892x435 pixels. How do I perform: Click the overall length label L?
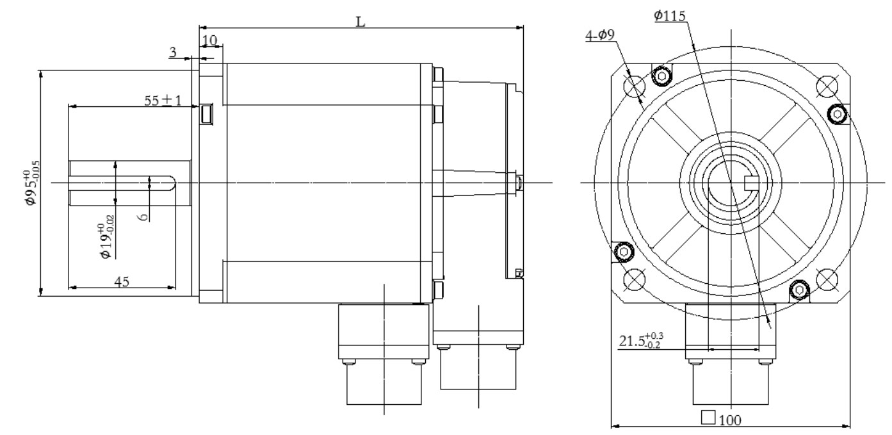pos(360,22)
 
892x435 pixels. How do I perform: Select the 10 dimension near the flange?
pos(210,40)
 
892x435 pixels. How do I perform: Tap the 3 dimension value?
pos(173,52)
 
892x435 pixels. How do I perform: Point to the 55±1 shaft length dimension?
pos(163,100)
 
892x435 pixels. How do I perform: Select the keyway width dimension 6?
pos(144,217)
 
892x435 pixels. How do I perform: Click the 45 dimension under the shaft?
pos(122,282)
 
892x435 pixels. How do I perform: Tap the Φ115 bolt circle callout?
pos(670,15)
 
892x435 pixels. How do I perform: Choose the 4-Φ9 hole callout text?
pos(600,35)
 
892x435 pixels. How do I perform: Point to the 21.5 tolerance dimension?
pos(641,341)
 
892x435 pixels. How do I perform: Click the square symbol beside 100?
pos(708,417)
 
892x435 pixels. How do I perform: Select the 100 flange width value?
pos(731,420)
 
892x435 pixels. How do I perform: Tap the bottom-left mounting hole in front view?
pos(634,279)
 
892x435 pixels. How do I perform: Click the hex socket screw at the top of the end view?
pos(662,76)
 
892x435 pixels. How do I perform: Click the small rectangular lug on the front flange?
pos(207,114)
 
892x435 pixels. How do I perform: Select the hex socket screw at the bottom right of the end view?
pos(799,290)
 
